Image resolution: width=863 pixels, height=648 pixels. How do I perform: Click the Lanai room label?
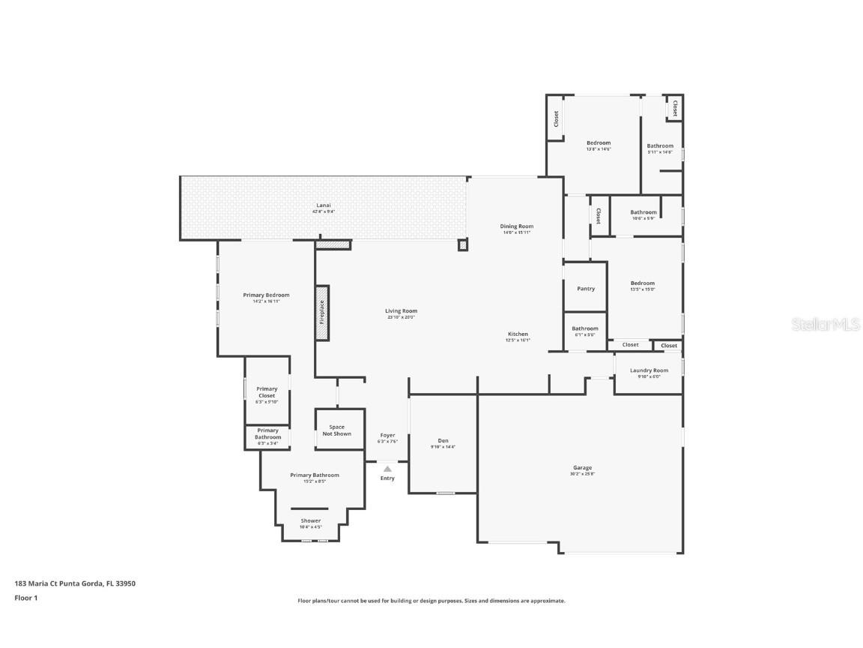(322, 205)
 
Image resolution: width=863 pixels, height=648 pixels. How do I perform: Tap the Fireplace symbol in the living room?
(322, 313)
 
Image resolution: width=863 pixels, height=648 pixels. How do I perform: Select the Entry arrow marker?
(387, 469)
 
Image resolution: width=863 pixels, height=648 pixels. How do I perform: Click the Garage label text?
(582, 467)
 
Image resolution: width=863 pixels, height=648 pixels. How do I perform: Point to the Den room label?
(443, 440)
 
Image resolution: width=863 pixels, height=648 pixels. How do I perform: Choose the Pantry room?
(585, 288)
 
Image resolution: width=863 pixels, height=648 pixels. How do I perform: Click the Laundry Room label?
(649, 370)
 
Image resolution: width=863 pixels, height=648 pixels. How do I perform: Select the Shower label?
(311, 520)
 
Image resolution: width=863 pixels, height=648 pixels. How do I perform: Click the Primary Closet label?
(267, 391)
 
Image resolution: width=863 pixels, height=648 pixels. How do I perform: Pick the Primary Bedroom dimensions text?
(266, 301)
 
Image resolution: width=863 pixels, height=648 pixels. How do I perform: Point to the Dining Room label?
(517, 226)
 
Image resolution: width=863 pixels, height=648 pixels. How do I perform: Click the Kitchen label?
(518, 334)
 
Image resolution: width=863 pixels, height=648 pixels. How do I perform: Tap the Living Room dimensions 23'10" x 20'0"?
(401, 317)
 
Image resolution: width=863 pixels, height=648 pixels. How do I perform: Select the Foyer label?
(387, 435)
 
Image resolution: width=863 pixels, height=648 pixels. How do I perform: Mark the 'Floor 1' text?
(25, 598)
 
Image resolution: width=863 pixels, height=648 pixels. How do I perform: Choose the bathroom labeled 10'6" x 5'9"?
(643, 215)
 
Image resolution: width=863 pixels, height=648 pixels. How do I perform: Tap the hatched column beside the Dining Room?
(463, 244)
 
